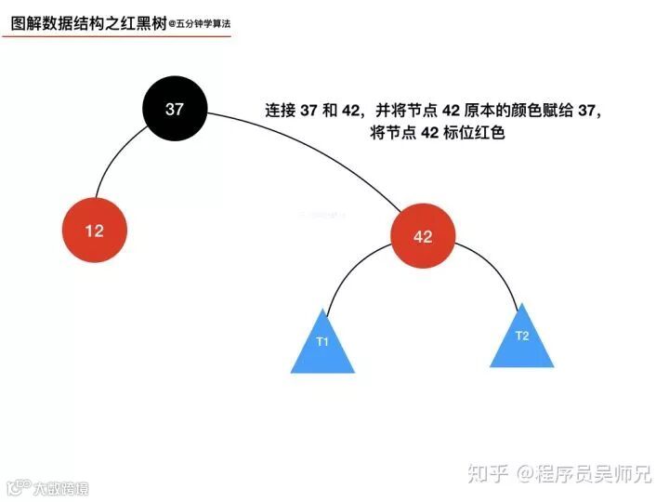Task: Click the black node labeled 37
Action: [x=175, y=109]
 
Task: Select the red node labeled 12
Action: [x=94, y=231]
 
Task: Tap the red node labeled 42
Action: [x=423, y=236]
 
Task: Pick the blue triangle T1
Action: [x=322, y=347]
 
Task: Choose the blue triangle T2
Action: [x=522, y=339]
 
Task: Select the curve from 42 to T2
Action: [x=497, y=270]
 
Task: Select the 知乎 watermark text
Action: [x=488, y=474]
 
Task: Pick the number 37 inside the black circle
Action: [x=175, y=109]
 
